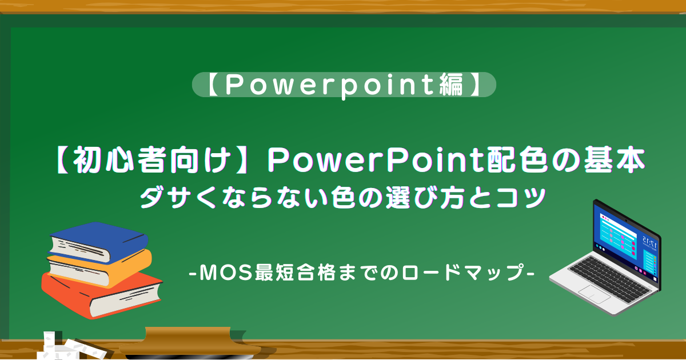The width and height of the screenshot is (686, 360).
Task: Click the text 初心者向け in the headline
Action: click(x=151, y=160)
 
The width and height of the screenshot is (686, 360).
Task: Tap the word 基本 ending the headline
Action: click(x=615, y=160)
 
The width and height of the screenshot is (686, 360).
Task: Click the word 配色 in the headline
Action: click(x=517, y=160)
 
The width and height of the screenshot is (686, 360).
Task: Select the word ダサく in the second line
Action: click(x=178, y=198)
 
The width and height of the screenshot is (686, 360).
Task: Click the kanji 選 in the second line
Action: click(x=398, y=198)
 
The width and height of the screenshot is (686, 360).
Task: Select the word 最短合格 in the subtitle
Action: click(x=296, y=272)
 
